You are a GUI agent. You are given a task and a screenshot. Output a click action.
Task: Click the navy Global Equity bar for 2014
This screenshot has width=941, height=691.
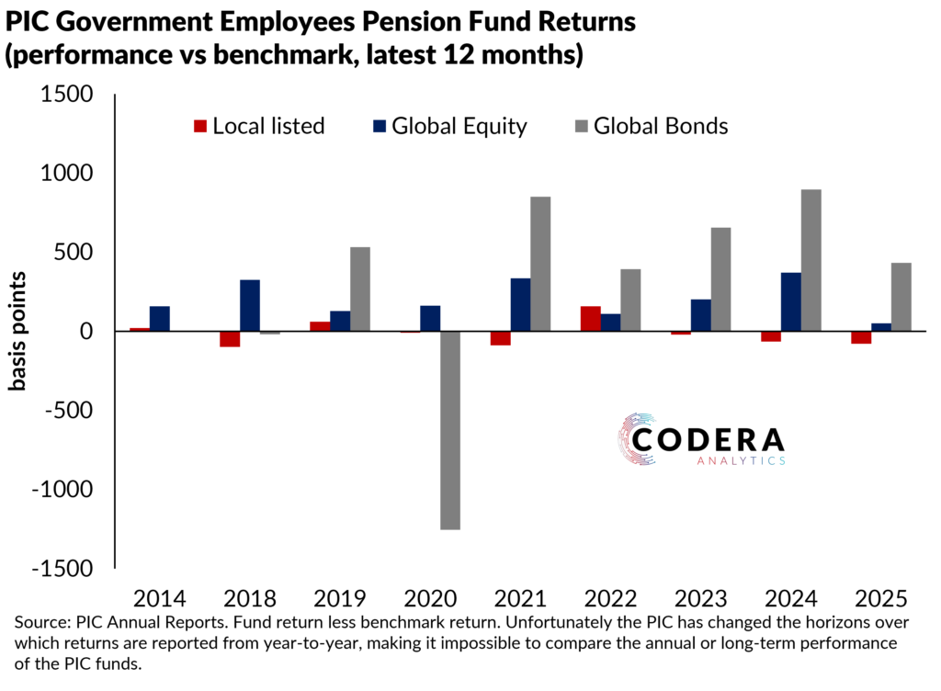click(159, 318)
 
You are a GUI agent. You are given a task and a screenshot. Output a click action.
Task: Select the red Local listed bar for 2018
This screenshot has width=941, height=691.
click(229, 338)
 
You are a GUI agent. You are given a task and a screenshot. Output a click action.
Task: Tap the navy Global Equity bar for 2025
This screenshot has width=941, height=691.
click(880, 327)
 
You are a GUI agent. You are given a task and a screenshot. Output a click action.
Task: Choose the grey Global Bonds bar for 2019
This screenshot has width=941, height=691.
click(360, 289)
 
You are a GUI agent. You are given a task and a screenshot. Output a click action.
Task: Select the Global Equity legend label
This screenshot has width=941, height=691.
click(459, 126)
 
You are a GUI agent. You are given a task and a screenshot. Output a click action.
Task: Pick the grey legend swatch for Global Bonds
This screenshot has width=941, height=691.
click(581, 126)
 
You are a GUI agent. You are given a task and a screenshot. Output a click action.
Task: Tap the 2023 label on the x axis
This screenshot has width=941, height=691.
click(700, 600)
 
